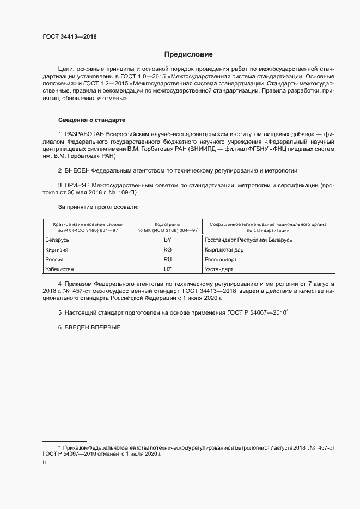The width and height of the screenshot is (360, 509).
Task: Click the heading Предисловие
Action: [x=188, y=54]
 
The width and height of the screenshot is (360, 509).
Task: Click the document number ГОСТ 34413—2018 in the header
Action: [x=69, y=36]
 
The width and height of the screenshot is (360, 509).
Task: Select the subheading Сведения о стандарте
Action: [x=92, y=119]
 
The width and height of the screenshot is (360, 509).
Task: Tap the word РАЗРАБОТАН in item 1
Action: [x=84, y=134]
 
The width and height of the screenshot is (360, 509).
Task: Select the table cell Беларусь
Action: [x=58, y=240]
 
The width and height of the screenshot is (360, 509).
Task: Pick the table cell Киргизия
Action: [x=57, y=250]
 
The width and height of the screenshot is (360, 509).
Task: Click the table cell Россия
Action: [x=54, y=260]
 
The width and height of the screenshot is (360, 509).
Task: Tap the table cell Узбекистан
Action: [x=59, y=269]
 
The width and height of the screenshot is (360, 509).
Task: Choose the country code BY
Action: [x=167, y=240]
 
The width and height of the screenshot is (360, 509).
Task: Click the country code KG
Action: [x=167, y=250]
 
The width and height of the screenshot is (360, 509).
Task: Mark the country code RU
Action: [x=167, y=260]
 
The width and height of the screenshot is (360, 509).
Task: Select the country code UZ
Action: [x=167, y=269]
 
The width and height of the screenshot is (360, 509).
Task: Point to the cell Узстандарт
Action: [x=219, y=269]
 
